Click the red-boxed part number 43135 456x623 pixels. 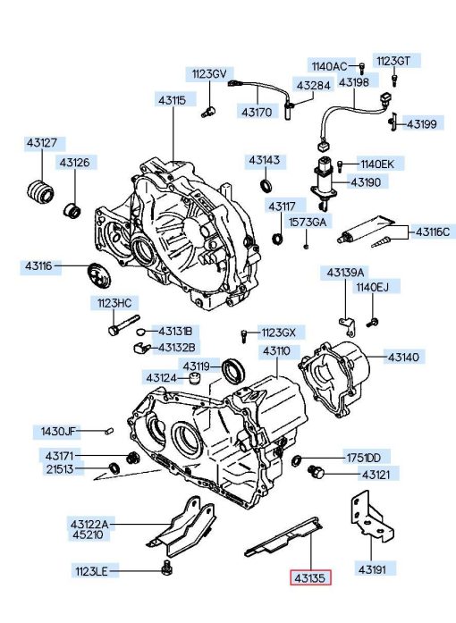click(310, 577)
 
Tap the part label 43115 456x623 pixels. click(173, 100)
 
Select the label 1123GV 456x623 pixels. click(209, 74)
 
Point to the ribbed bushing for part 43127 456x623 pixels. click(40, 193)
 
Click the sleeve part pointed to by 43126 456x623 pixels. click(72, 210)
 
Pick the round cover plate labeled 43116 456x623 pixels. click(99, 275)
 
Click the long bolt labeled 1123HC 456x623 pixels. click(123, 325)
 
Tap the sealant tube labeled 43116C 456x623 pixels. click(366, 231)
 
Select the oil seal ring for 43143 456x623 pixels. click(266, 185)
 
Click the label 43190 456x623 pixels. click(366, 182)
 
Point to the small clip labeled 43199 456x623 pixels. click(393, 122)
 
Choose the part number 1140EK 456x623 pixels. click(377, 164)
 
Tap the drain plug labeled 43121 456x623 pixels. click(317, 471)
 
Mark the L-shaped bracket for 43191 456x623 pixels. click(371, 516)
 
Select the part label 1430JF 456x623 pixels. click(58, 431)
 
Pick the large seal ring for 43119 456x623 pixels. click(233, 371)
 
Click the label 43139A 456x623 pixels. click(345, 273)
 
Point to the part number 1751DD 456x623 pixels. click(364, 458)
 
